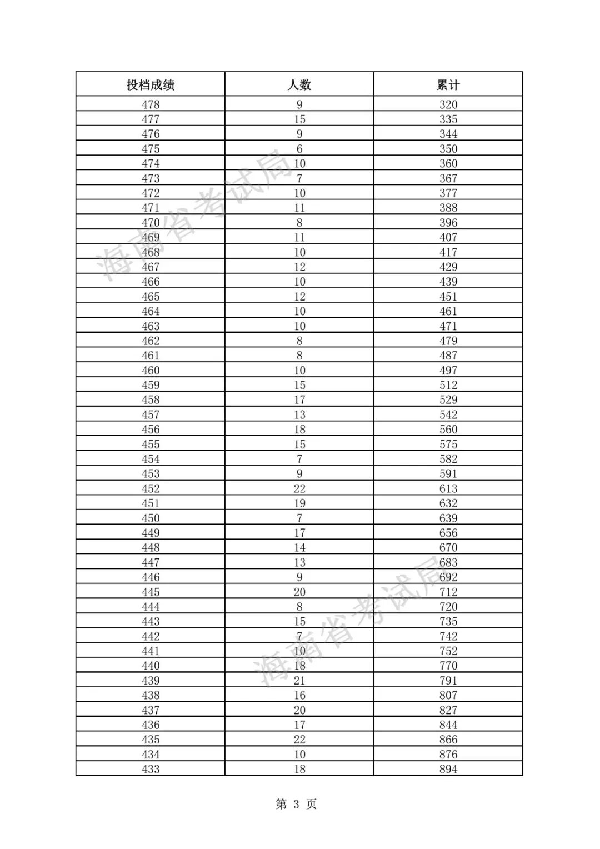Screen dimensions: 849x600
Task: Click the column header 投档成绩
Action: click(x=151, y=84)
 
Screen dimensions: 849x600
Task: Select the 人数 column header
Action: click(x=299, y=84)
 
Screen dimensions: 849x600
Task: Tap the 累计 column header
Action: click(x=448, y=84)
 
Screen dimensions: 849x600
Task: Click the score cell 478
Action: click(x=151, y=104)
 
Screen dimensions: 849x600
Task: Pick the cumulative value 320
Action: click(x=448, y=104)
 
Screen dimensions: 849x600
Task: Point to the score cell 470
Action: click(x=151, y=223)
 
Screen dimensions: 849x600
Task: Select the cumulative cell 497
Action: click(x=448, y=371)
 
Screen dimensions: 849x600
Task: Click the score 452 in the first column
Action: click(x=151, y=489)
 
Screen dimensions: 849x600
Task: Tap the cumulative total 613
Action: click(x=448, y=489)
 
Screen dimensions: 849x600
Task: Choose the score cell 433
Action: click(x=151, y=770)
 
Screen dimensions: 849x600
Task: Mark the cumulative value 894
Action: click(x=448, y=770)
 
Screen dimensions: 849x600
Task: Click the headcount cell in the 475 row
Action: click(x=299, y=149)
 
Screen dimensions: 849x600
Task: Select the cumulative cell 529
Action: click(x=448, y=400)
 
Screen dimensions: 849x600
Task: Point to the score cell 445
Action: click(x=151, y=592)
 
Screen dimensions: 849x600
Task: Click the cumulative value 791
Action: click(x=448, y=681)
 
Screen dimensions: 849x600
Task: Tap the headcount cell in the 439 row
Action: click(x=299, y=681)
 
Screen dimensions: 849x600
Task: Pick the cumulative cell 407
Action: click(x=448, y=237)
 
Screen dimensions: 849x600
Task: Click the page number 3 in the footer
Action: click(x=296, y=805)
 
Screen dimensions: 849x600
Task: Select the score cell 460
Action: click(x=151, y=371)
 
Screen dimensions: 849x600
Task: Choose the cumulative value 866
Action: click(x=448, y=740)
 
